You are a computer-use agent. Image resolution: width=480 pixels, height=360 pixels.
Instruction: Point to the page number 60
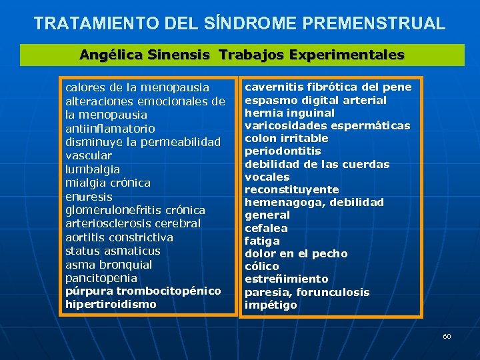coord(447,336)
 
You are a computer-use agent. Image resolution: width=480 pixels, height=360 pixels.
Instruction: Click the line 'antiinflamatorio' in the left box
coord(110,129)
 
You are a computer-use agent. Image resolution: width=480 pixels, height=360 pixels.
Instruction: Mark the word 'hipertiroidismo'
coord(111,304)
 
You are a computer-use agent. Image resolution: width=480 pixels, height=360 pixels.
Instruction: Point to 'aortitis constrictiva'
coord(119,237)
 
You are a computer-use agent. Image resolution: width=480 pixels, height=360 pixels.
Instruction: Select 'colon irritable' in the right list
coord(287,138)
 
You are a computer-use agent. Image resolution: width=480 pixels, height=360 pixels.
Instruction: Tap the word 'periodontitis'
coord(283,151)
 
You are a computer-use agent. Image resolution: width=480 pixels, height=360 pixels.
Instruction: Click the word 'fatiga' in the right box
coord(262,241)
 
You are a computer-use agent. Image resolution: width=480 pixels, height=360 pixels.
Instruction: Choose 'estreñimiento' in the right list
coord(287,279)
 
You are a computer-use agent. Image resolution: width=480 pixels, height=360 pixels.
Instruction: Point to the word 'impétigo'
coord(271,305)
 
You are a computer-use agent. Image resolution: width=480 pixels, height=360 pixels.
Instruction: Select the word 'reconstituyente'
coord(292,189)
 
